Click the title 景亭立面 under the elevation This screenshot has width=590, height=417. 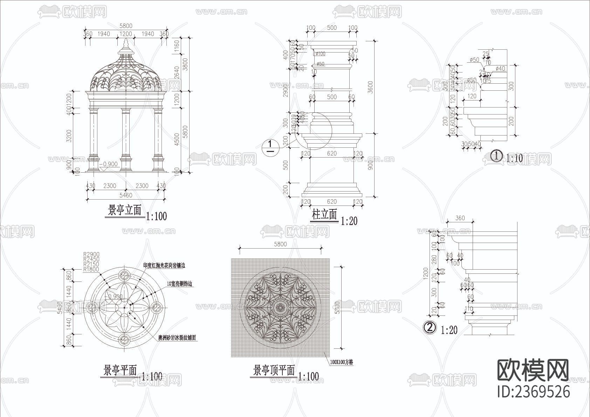click(x=124, y=211)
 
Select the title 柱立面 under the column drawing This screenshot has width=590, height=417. click(x=324, y=215)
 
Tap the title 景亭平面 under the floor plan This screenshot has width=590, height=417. click(x=120, y=370)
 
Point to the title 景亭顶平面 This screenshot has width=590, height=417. click(x=274, y=370)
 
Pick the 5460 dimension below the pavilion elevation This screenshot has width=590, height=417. click(x=126, y=195)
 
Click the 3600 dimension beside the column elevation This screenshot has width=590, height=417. click(x=371, y=88)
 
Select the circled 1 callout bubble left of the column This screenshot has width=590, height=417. click(x=270, y=146)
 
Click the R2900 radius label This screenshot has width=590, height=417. click(x=91, y=255)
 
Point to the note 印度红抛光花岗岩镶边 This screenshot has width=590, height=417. click(x=164, y=266)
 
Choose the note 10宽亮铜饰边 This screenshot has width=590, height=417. click(x=180, y=284)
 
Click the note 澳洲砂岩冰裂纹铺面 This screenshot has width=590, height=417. click(x=177, y=338)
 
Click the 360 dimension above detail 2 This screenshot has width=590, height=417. click(x=460, y=218)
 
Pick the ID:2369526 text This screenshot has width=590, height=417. click(x=534, y=391)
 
